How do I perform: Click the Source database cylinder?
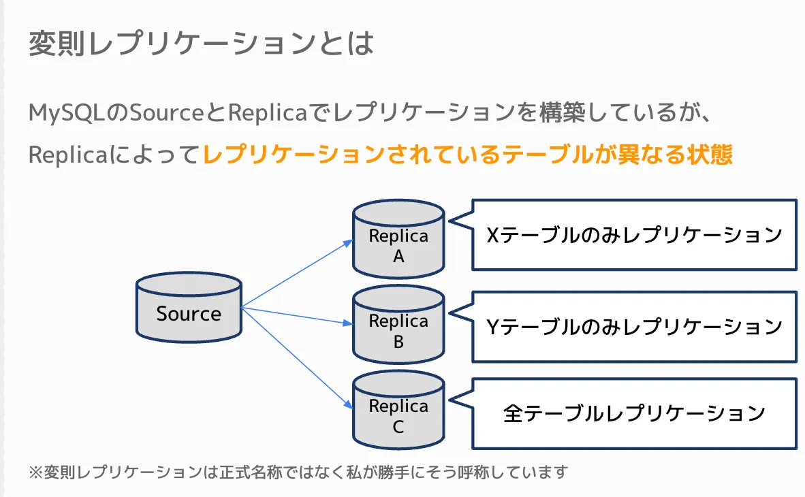pyautogui.click(x=189, y=307)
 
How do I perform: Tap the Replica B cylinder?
pyautogui.click(x=398, y=325)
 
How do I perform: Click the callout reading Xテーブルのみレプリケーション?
pyautogui.click(x=634, y=235)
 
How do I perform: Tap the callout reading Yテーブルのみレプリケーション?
pyautogui.click(x=634, y=327)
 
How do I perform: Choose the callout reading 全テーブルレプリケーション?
pyautogui.click(x=634, y=413)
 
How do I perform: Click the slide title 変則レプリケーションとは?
pyautogui.click(x=201, y=44)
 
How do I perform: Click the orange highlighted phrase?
pyautogui.click(x=468, y=155)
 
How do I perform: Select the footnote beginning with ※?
pyautogui.click(x=298, y=472)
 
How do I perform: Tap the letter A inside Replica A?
pyautogui.click(x=398, y=257)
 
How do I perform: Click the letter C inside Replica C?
pyautogui.click(x=398, y=427)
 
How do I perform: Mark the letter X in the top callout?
pyautogui.click(x=494, y=235)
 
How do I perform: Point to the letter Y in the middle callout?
pyautogui.click(x=494, y=327)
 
